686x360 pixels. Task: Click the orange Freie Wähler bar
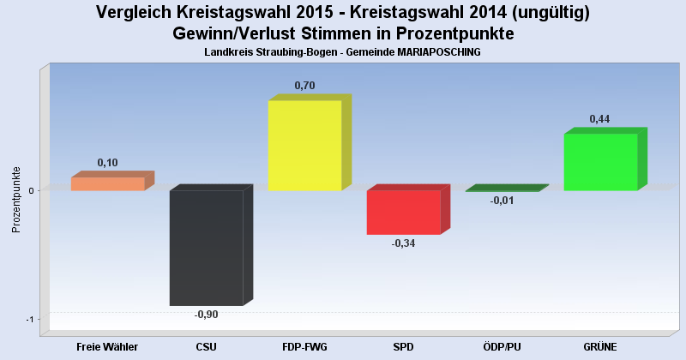[x=108, y=183]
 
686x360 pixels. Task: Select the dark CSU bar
[x=207, y=248]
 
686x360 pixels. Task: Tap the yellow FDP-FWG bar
[x=305, y=146]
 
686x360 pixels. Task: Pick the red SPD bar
[x=404, y=213]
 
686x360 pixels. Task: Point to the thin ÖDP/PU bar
[x=502, y=189]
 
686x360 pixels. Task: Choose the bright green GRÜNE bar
[x=601, y=162]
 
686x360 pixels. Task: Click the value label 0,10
[x=108, y=162]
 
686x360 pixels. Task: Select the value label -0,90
[x=207, y=315]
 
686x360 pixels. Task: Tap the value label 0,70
[x=305, y=85]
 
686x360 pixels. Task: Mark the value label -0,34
[x=404, y=243]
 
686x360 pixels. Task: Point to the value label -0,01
[x=502, y=201]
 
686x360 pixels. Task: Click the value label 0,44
[x=600, y=118]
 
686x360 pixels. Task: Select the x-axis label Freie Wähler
[x=108, y=347]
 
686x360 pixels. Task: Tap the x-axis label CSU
[x=207, y=347]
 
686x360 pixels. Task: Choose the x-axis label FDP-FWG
[x=305, y=347]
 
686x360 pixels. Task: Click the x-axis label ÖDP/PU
[x=502, y=347]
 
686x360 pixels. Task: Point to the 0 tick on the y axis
[x=31, y=190]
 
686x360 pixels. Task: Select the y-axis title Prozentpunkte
[x=15, y=199]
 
